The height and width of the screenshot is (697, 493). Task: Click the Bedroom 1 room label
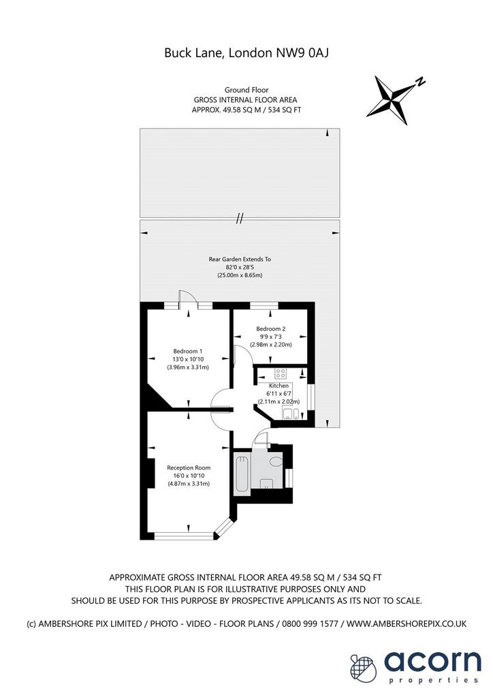click(x=187, y=351)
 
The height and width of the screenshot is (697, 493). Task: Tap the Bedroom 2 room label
click(x=271, y=329)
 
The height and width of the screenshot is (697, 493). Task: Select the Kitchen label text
click(x=279, y=386)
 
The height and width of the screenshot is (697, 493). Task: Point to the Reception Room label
click(x=189, y=468)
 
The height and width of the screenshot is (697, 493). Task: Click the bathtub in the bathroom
click(x=242, y=474)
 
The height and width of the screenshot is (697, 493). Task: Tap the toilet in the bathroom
click(x=276, y=461)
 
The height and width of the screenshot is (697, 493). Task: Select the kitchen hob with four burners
click(x=280, y=372)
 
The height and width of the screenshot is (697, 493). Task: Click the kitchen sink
click(x=291, y=414)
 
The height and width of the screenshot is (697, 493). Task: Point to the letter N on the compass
click(x=420, y=82)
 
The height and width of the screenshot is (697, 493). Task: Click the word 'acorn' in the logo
click(x=432, y=661)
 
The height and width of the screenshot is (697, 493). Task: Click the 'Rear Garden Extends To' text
click(x=240, y=259)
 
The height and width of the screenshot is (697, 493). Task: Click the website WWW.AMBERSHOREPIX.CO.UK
click(x=407, y=623)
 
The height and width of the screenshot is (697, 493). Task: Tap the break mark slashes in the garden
click(x=240, y=218)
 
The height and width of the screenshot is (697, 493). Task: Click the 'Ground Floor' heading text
click(x=246, y=90)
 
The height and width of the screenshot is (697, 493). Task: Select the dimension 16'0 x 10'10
click(x=189, y=476)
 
